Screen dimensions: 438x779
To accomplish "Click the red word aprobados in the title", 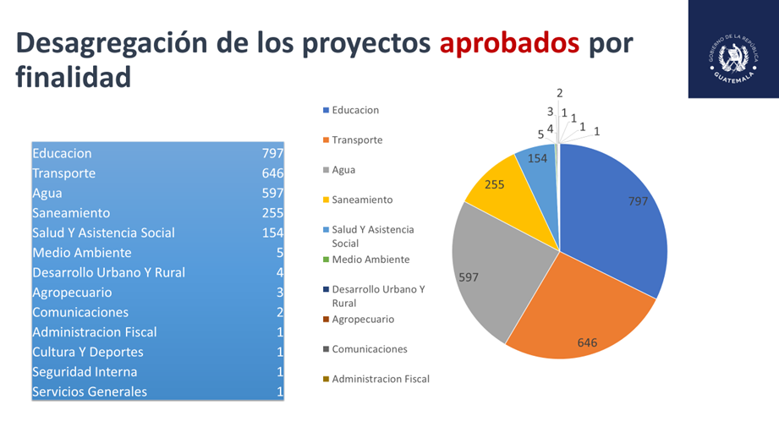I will (x=509, y=44).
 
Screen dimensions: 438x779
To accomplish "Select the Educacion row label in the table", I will (x=62, y=153).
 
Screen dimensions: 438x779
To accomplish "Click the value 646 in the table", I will (x=272, y=173).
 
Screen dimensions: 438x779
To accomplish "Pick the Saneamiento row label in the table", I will (x=71, y=213).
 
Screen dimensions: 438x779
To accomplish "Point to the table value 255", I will (x=272, y=213).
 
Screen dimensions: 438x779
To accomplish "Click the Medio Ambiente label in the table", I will (x=82, y=253).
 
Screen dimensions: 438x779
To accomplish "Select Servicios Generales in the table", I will (x=90, y=391).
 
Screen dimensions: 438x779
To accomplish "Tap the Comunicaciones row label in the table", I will (x=80, y=312).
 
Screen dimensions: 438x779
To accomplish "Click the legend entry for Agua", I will (x=343, y=169).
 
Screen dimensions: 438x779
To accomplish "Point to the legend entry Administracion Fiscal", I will (x=380, y=379).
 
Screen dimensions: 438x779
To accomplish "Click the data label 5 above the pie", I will (x=540, y=134).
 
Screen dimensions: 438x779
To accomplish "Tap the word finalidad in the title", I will (x=74, y=78).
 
